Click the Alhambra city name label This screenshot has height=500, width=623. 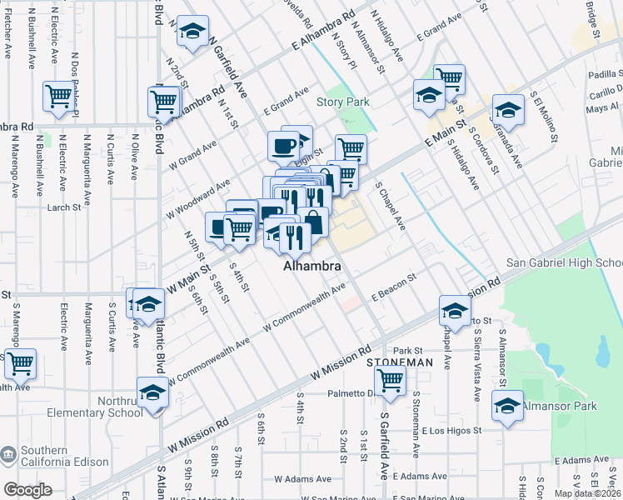tap(312, 267)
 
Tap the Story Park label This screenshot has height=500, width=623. tap(342, 102)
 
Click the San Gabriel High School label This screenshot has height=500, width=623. tap(564, 263)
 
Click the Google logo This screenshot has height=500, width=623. tap(27, 490)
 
